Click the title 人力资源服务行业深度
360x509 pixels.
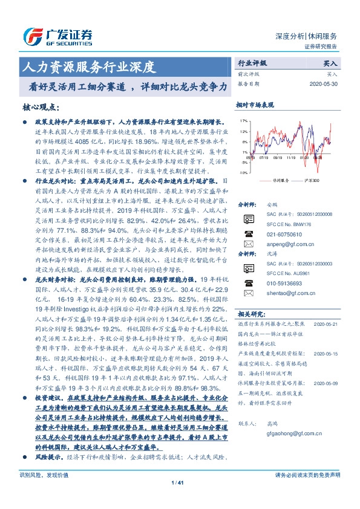click(89, 66)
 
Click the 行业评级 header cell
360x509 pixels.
click(252, 62)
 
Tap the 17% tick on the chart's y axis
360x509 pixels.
click(243, 120)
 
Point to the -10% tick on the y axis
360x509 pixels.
click(243, 172)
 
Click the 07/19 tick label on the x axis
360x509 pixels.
click(264, 158)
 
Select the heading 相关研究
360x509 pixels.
click(249, 314)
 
